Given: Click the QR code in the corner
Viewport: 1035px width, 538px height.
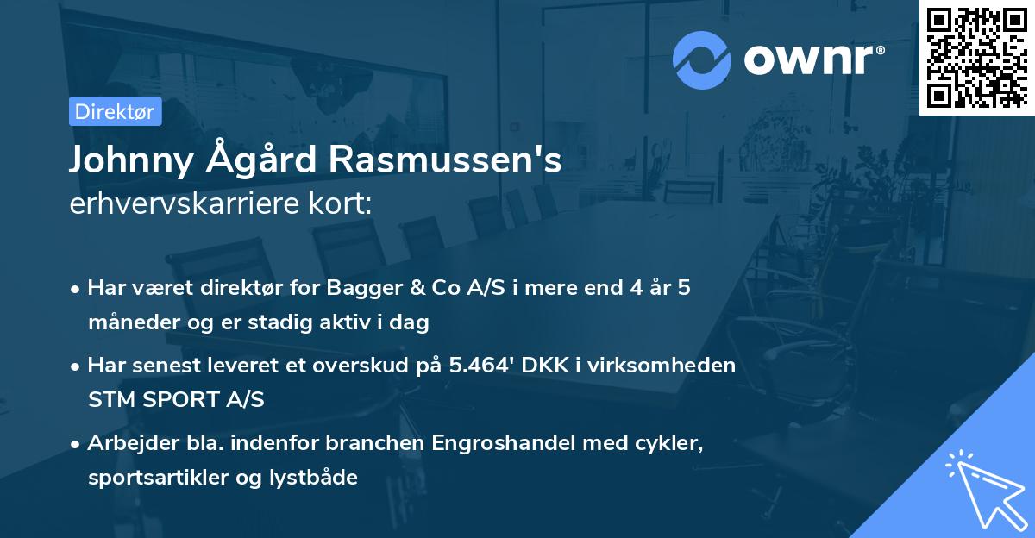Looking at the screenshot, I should click(x=976, y=57).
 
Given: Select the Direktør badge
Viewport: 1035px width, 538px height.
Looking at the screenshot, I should click(x=115, y=111).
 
